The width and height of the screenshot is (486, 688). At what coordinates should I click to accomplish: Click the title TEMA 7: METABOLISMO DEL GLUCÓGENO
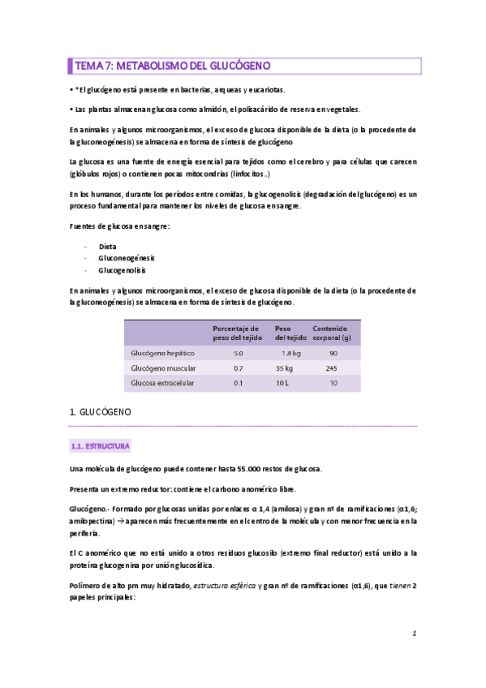(173, 65)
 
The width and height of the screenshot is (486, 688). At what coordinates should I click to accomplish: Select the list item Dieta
(109, 245)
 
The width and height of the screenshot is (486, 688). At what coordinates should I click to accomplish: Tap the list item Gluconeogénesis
(127, 257)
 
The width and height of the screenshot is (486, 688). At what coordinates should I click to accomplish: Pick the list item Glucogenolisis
(123, 269)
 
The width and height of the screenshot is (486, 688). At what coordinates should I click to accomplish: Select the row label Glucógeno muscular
(164, 368)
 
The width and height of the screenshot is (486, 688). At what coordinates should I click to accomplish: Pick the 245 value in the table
(332, 368)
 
